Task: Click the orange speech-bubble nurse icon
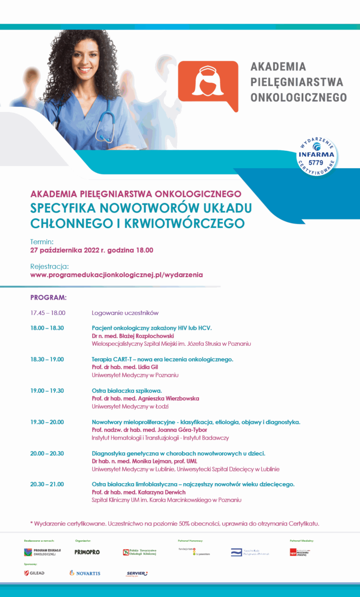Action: pos(208,85)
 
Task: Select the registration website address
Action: pos(116,275)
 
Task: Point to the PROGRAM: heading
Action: pos(48,297)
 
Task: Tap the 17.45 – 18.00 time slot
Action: pos(47,313)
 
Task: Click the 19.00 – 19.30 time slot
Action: pos(47,391)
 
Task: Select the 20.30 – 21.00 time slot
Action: pos(47,484)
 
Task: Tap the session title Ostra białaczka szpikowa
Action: pos(127,391)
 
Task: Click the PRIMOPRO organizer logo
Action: pos(87,552)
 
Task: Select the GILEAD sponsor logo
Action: pos(34,573)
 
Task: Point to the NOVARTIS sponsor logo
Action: pos(85,573)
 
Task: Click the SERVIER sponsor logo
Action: pos(137,573)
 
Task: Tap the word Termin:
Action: pos(42,242)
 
